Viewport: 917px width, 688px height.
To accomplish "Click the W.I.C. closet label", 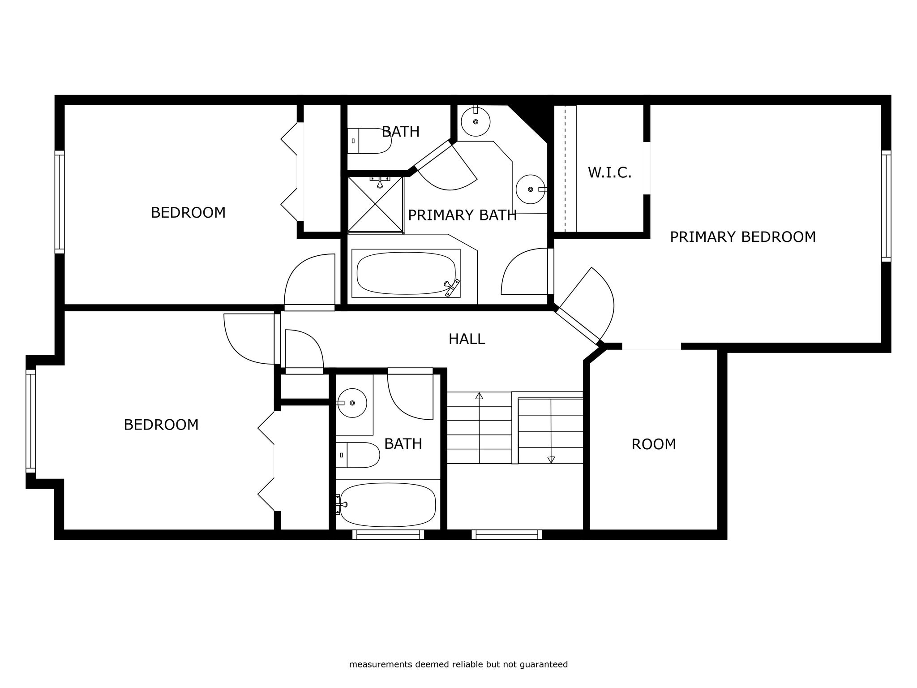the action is (x=609, y=172).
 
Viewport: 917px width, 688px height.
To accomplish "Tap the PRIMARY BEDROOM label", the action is (x=743, y=237).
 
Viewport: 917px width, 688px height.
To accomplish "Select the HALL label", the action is (x=467, y=339).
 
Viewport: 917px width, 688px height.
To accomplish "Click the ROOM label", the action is (x=654, y=444).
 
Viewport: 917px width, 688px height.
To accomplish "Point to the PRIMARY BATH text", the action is (x=463, y=215).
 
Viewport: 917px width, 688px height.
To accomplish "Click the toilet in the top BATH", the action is (x=369, y=141).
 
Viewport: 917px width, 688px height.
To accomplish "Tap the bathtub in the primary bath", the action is (x=406, y=273).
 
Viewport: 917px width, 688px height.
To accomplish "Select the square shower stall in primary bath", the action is (x=376, y=205).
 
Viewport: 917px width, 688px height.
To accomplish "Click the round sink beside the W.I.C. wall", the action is (x=531, y=189).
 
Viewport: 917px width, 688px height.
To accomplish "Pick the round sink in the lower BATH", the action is (x=352, y=403).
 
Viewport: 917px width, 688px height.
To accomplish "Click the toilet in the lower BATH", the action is (x=358, y=455).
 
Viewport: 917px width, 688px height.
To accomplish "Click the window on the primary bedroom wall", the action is (x=886, y=206).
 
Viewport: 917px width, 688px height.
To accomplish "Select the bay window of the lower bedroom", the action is (x=30, y=421).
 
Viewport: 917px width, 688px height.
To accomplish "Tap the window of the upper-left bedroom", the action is (x=60, y=202).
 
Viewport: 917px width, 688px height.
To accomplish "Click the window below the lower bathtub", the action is (x=388, y=534).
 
